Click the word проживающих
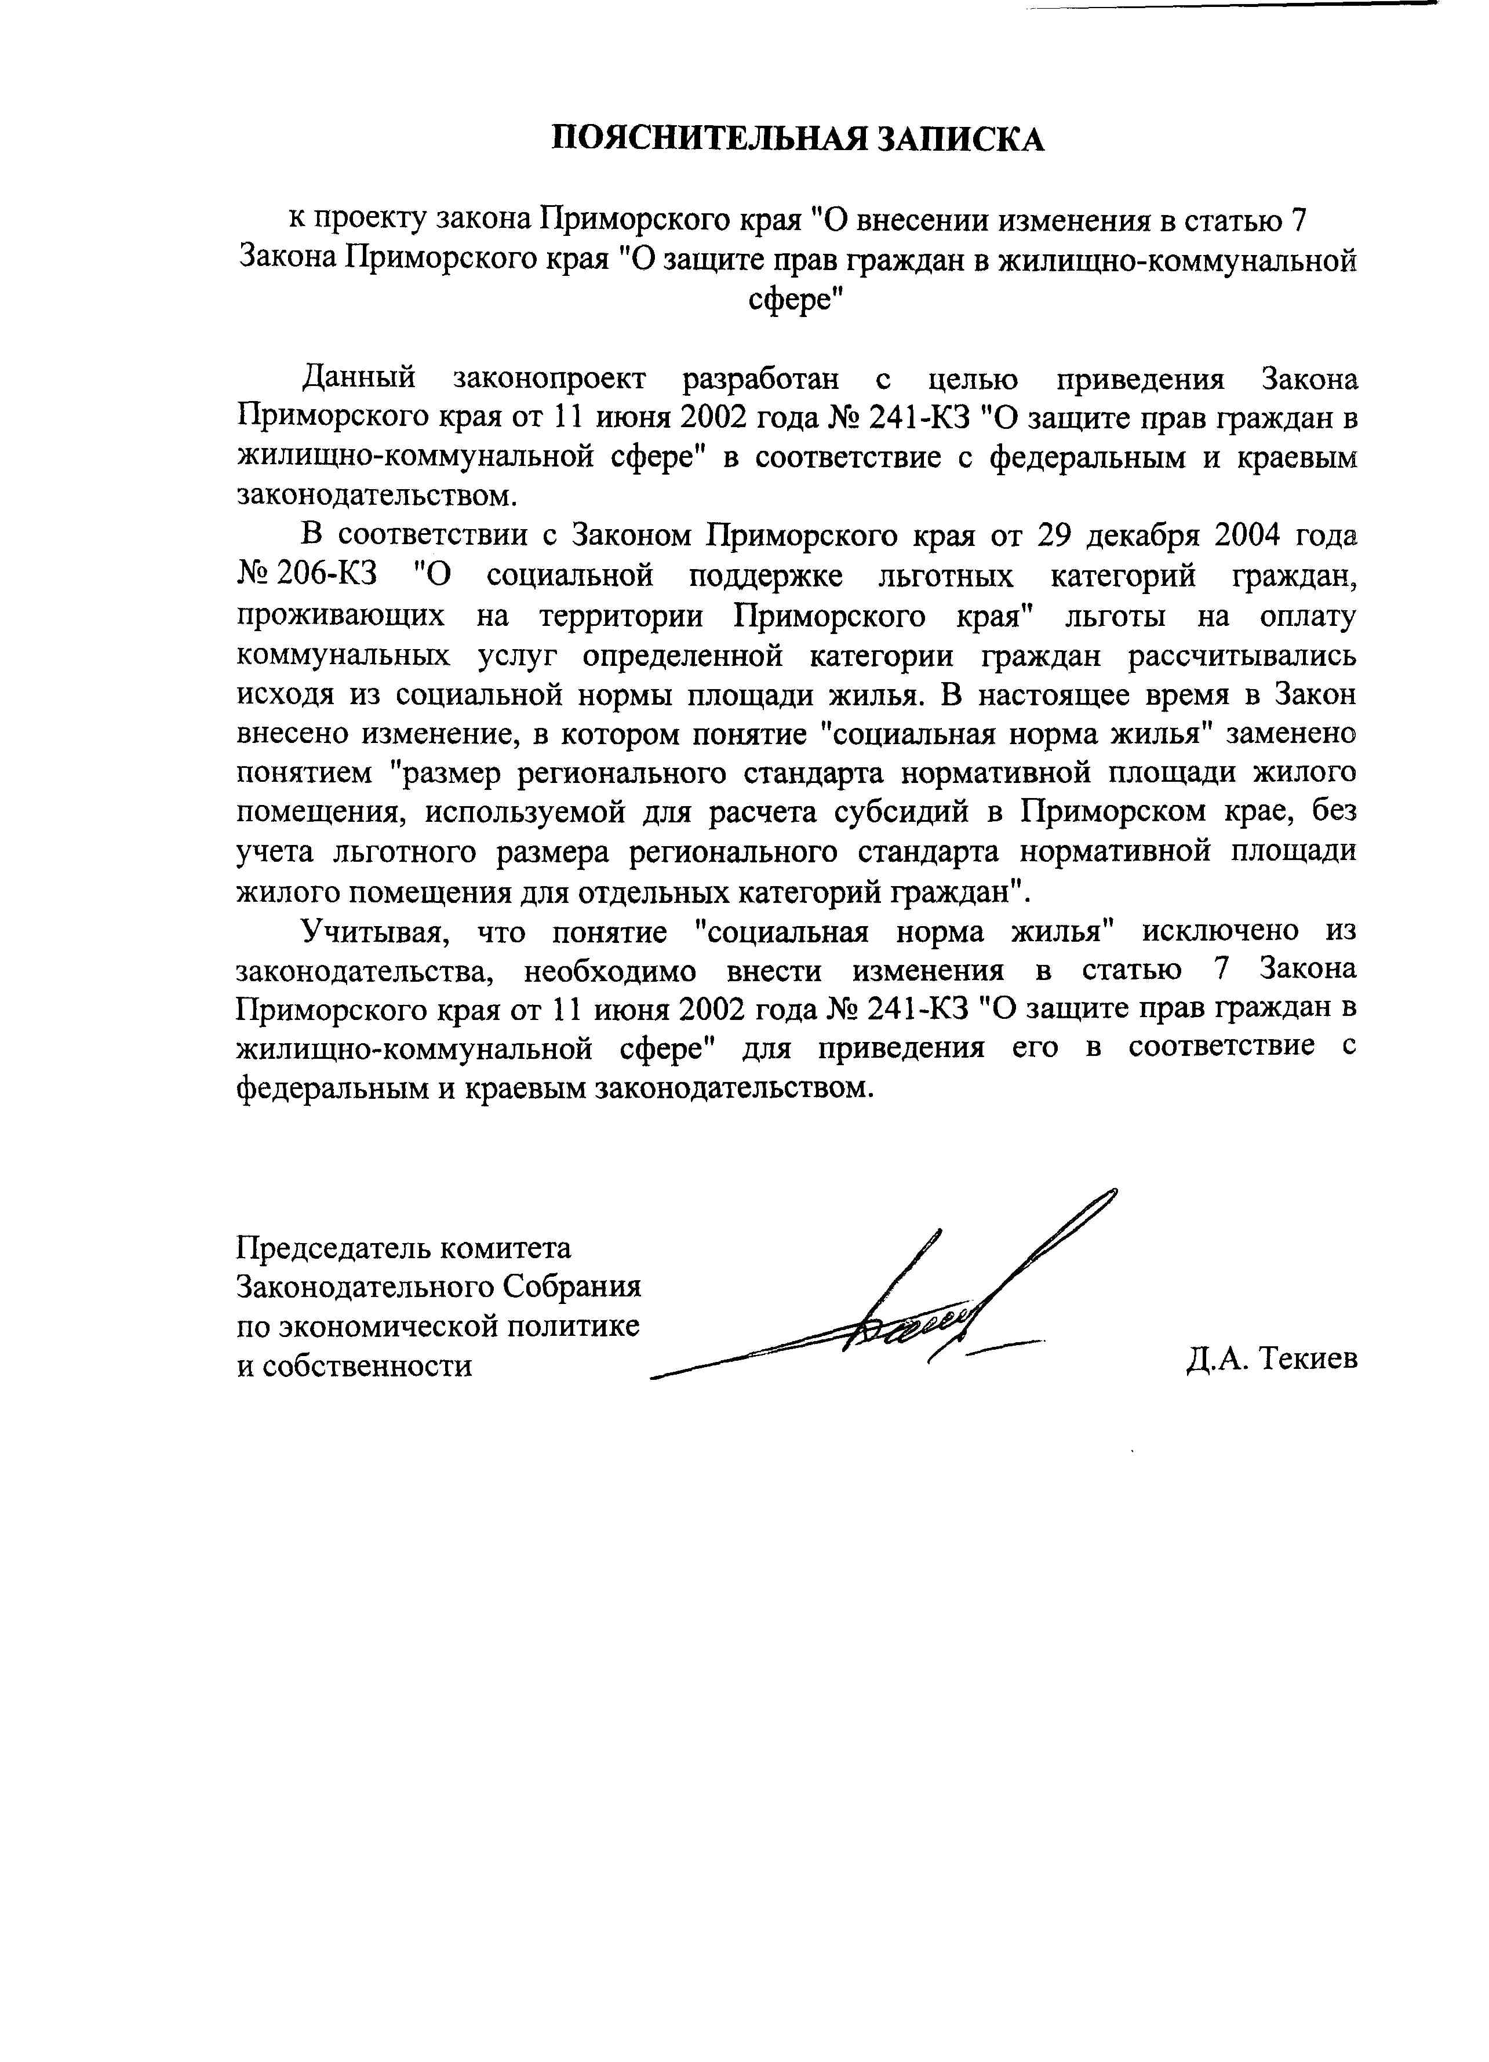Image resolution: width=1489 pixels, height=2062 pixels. (341, 615)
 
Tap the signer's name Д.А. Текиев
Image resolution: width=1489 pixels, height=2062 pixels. (1271, 1359)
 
